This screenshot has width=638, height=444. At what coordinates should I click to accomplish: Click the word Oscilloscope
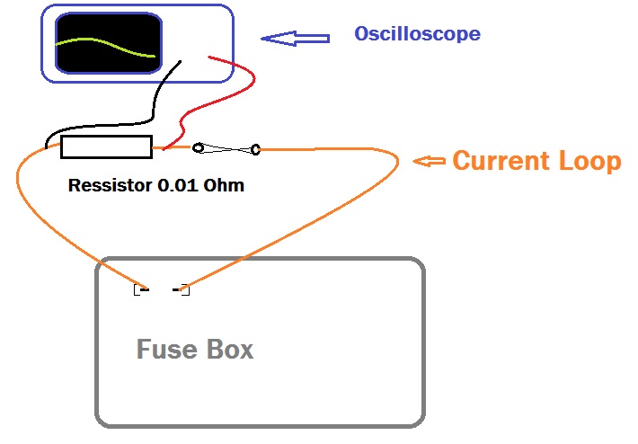pos(417,34)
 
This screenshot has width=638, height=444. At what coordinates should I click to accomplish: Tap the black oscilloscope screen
pos(108,43)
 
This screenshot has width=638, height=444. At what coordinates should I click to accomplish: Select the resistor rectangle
pos(106,147)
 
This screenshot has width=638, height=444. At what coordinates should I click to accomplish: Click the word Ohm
pos(224,187)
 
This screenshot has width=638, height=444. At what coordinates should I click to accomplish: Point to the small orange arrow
pos(430,162)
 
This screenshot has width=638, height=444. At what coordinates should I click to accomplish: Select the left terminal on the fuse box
pos(140,289)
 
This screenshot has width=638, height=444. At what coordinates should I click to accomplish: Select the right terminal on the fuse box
pos(182,289)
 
